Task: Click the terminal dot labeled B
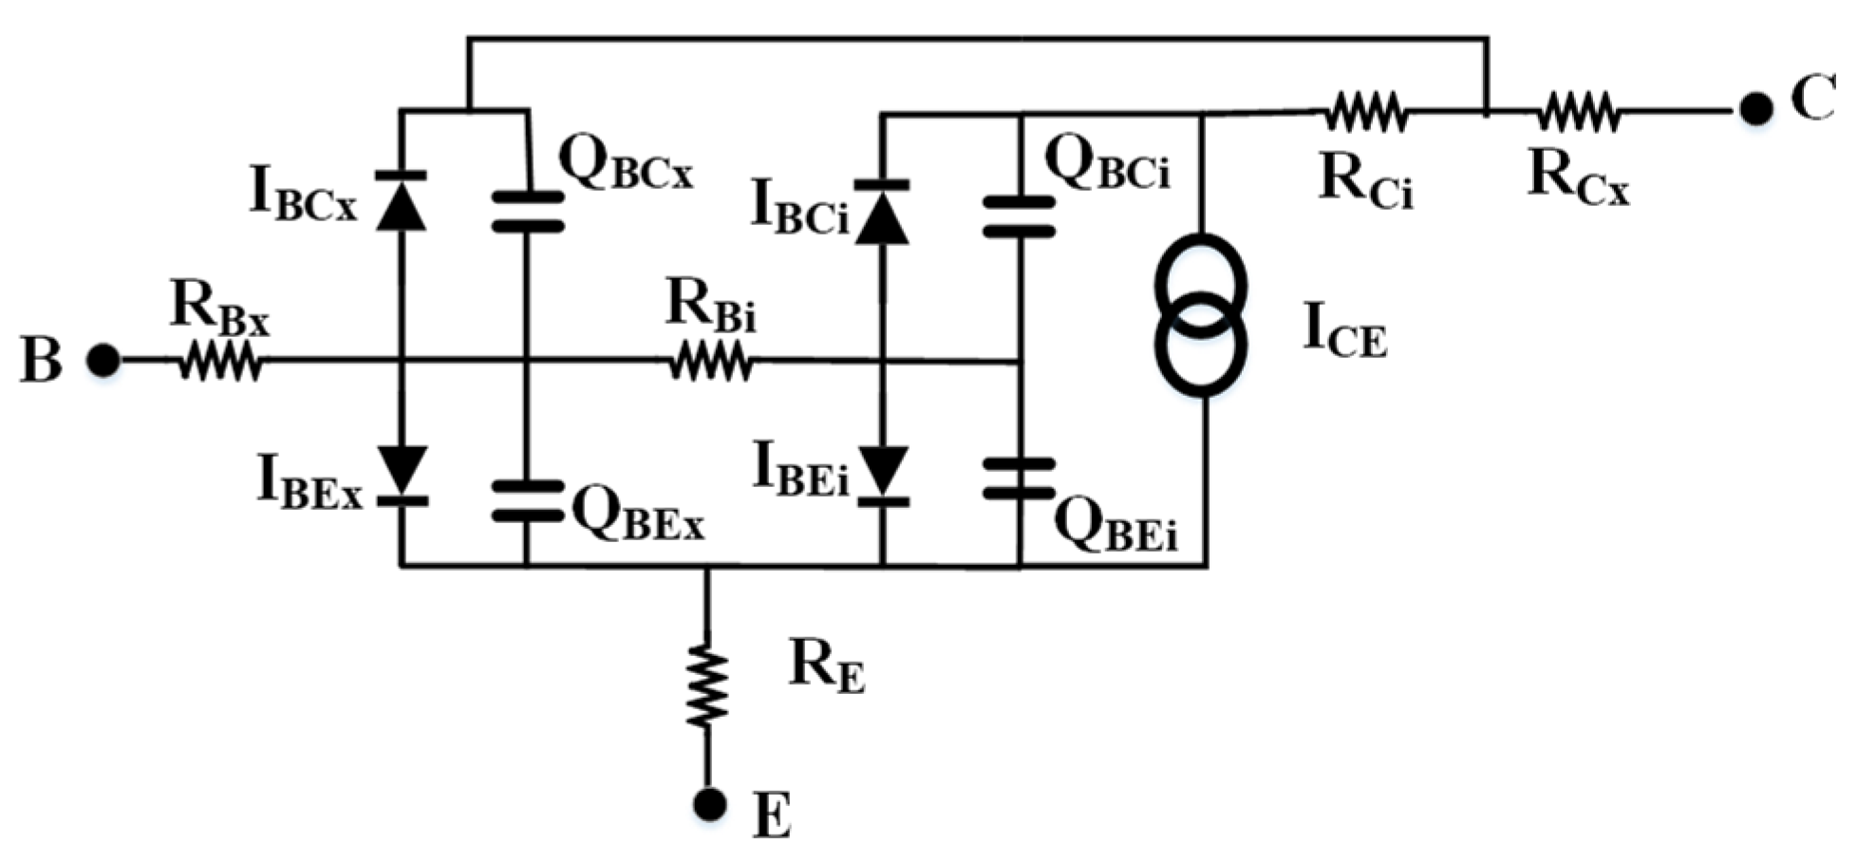click(x=103, y=361)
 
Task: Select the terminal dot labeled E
click(x=708, y=804)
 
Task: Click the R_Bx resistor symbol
click(x=220, y=361)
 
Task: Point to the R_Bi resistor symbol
click(x=710, y=361)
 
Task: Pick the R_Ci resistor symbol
click(x=1365, y=111)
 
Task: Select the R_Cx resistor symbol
click(x=1578, y=111)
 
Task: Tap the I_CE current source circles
click(x=1201, y=315)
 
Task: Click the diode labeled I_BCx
click(x=401, y=201)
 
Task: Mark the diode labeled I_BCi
click(x=882, y=213)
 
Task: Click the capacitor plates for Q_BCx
click(x=527, y=212)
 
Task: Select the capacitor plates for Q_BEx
click(x=527, y=500)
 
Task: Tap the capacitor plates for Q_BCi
click(x=1019, y=216)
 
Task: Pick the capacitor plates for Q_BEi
click(x=1019, y=478)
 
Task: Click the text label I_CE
click(x=1343, y=331)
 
